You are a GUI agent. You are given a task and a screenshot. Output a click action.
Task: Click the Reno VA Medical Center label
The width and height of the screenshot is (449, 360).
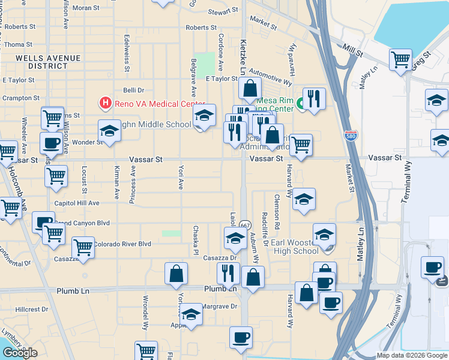click(x=160, y=103)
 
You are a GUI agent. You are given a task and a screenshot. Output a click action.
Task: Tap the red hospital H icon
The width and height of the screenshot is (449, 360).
click(x=106, y=103)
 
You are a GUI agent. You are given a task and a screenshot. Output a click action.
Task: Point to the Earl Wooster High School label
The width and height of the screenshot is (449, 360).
click(x=295, y=247)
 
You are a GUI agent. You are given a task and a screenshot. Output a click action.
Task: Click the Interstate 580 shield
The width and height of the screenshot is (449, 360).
click(x=351, y=136)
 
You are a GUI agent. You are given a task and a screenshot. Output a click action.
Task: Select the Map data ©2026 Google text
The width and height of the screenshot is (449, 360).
click(x=412, y=355)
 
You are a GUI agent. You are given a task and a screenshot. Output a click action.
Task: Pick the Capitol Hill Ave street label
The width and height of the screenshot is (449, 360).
click(x=77, y=203)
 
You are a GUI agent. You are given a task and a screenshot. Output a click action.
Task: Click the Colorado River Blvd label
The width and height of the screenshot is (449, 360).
click(x=122, y=244)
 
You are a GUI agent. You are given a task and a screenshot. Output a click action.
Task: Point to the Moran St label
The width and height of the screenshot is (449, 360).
click(x=86, y=8)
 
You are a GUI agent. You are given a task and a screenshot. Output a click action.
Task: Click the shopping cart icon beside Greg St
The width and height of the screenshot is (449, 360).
click(x=400, y=60)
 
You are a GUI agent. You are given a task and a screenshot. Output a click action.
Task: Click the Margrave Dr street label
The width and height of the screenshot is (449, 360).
click(x=215, y=306)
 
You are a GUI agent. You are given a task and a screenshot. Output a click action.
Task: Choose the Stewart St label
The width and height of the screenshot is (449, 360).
click(x=223, y=11)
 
